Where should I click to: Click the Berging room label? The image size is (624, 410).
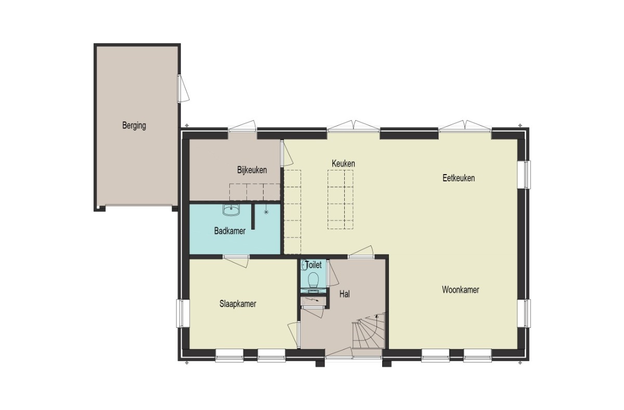tap(134, 126)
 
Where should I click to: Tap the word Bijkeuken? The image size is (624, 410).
tap(252, 170)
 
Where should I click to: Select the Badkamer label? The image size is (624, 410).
tap(230, 231)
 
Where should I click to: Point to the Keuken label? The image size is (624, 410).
tap(343, 163)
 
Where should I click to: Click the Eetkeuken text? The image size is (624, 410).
tap(459, 178)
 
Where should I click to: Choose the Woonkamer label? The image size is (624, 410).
tap(461, 290)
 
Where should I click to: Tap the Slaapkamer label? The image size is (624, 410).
tap(238, 303)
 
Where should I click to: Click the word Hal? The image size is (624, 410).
tap(344, 294)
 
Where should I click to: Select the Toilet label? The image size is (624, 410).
tap(314, 264)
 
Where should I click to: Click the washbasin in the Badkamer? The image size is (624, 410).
tap(231, 210)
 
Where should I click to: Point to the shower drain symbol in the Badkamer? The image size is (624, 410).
tap(266, 212)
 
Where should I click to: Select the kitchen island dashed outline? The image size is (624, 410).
tap(341, 200)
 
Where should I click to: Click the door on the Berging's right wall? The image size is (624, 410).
tap(184, 88)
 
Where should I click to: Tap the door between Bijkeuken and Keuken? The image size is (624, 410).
tap(287, 154)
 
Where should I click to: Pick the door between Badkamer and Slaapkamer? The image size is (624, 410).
tap(236, 261)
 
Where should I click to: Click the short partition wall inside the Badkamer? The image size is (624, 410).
tap(253, 217)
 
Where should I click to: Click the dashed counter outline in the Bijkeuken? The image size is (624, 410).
tap(255, 192)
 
